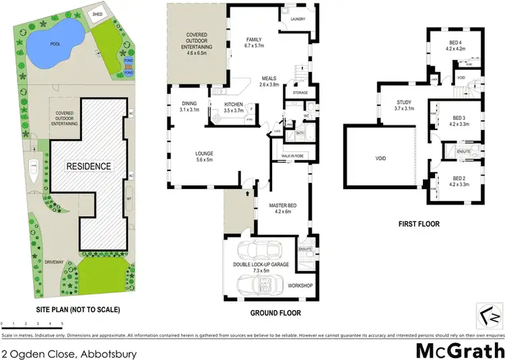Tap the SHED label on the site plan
[98, 13]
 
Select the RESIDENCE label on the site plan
[88, 166]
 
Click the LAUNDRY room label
[298, 19]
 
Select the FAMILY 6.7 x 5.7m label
[258, 44]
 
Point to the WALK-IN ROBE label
[290, 155]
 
